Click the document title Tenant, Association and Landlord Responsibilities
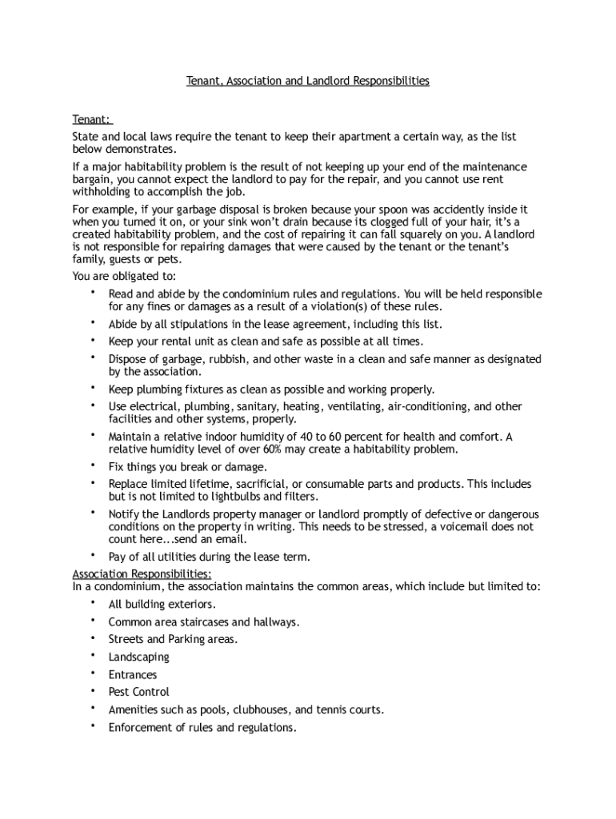(308, 81)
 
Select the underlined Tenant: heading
(91, 119)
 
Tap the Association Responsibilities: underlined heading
(142, 574)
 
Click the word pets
(170, 259)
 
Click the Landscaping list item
(139, 657)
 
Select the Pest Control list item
(139, 693)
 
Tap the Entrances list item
(133, 675)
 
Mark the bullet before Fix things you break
(93, 465)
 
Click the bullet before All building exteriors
(93, 603)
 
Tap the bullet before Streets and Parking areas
(93, 638)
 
